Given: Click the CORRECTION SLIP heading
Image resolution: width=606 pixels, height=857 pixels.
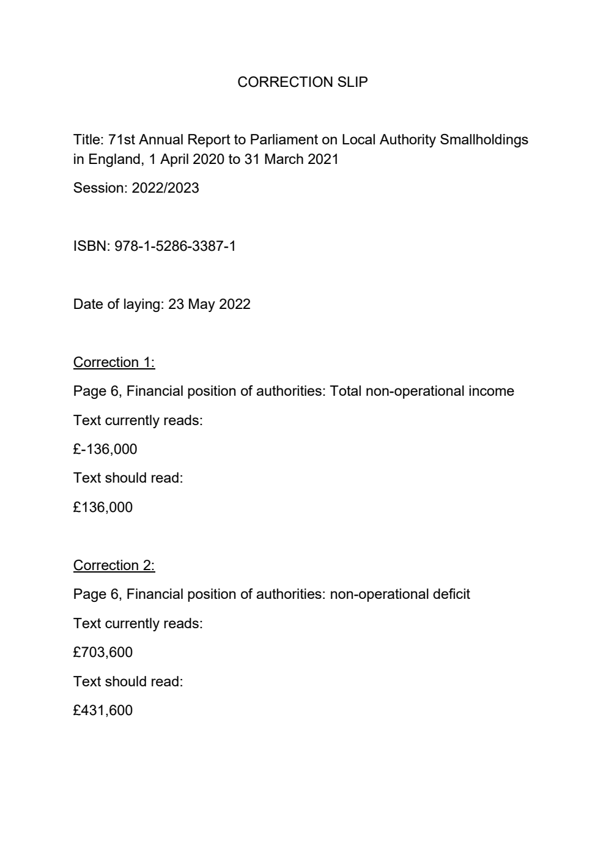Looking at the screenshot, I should click(x=302, y=82).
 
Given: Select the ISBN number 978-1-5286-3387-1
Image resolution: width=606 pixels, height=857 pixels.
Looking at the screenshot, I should click(x=175, y=246).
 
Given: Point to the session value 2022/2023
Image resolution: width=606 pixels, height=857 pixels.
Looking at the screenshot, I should click(x=165, y=188).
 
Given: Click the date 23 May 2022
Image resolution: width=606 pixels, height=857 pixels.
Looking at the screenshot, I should click(x=209, y=304).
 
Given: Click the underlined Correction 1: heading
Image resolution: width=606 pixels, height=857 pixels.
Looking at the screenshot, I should click(x=114, y=362).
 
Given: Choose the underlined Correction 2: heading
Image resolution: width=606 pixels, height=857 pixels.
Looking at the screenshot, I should click(x=114, y=565).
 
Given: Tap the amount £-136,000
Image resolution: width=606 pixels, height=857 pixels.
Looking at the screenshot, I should click(x=105, y=449).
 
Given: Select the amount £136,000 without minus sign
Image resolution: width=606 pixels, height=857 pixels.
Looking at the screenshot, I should click(x=103, y=507).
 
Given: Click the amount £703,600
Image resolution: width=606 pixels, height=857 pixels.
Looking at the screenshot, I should click(x=103, y=652).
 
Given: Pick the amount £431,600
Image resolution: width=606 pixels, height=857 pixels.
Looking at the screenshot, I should click(x=103, y=710).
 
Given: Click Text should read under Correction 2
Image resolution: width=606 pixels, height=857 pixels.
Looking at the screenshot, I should click(x=128, y=681).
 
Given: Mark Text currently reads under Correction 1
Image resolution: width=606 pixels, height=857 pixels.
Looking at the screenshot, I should click(x=138, y=420).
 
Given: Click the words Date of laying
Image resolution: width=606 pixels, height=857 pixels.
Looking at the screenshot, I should click(x=119, y=304).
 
